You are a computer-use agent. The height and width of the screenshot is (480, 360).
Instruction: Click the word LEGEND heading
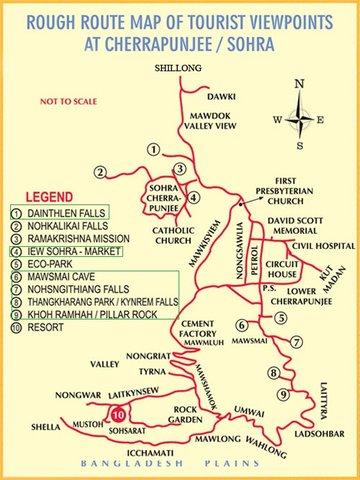pyautogui.click(x=49, y=196)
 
